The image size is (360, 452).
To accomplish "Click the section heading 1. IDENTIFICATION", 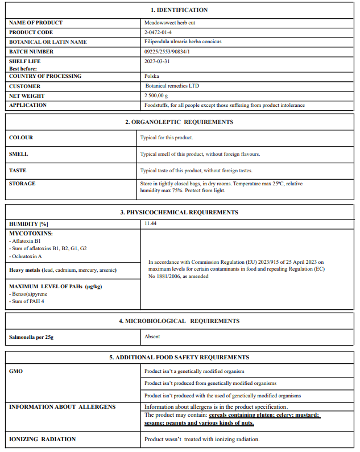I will coord(179,10).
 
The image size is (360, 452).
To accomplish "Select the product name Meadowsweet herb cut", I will coord(169,23).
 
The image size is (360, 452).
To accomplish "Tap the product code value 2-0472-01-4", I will coord(159,32).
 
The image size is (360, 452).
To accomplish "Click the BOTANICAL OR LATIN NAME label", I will coord(48,42).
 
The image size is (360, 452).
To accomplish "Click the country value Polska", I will coord(152,76).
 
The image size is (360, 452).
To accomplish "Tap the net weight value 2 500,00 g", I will coord(160,96).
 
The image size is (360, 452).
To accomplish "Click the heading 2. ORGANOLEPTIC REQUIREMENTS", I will coord(179,122).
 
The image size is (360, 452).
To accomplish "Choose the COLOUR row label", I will coord(21,138).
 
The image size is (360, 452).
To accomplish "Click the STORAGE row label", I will coord(22,184).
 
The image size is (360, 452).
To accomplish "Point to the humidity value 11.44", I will coord(151,224).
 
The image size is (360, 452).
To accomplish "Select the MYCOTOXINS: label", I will coord(31,234).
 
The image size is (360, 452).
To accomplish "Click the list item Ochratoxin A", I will coord(26,256).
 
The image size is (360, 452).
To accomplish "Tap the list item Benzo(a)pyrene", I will coord(28,294).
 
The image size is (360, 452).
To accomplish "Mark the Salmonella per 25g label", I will coord(31,337).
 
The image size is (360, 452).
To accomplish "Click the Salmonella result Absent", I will coord(152,337).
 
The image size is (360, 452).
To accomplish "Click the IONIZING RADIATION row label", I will coord(42,439).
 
